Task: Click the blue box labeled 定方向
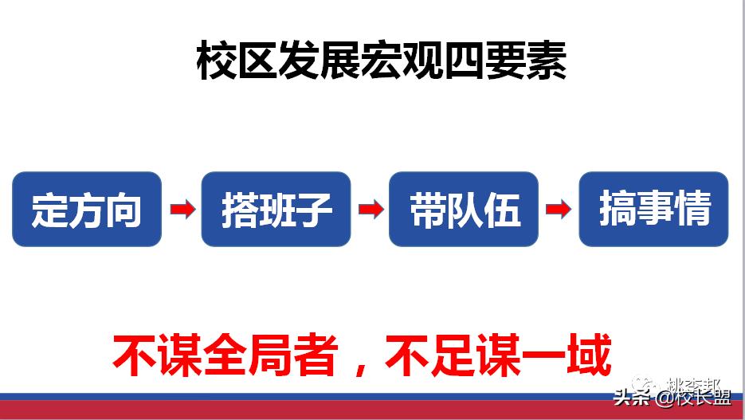click(87, 209)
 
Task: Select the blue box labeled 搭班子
click(276, 209)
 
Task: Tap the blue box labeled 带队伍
click(464, 209)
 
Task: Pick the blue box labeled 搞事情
click(653, 209)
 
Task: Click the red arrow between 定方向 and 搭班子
click(182, 210)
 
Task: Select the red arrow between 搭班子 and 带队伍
click(370, 210)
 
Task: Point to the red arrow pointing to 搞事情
click(558, 210)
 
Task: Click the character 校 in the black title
click(216, 62)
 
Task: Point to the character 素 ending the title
click(546, 62)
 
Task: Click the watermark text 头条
click(631, 397)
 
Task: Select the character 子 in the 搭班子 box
click(313, 210)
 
